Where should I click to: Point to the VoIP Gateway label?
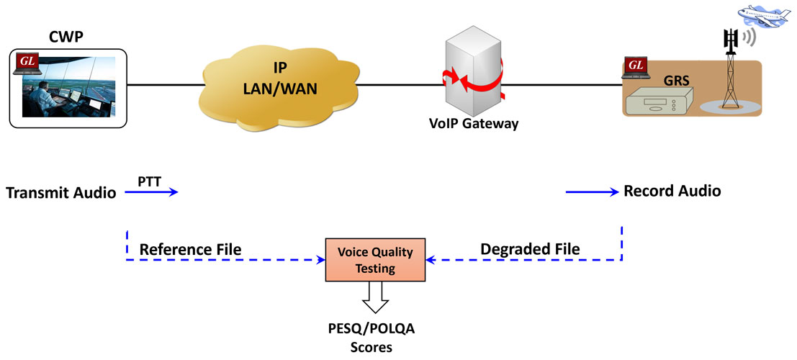(474, 123)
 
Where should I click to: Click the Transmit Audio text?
(60, 193)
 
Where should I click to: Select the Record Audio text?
(672, 192)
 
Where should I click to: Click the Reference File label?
(190, 249)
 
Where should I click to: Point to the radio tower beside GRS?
(732, 72)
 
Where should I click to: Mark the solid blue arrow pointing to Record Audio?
(592, 192)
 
